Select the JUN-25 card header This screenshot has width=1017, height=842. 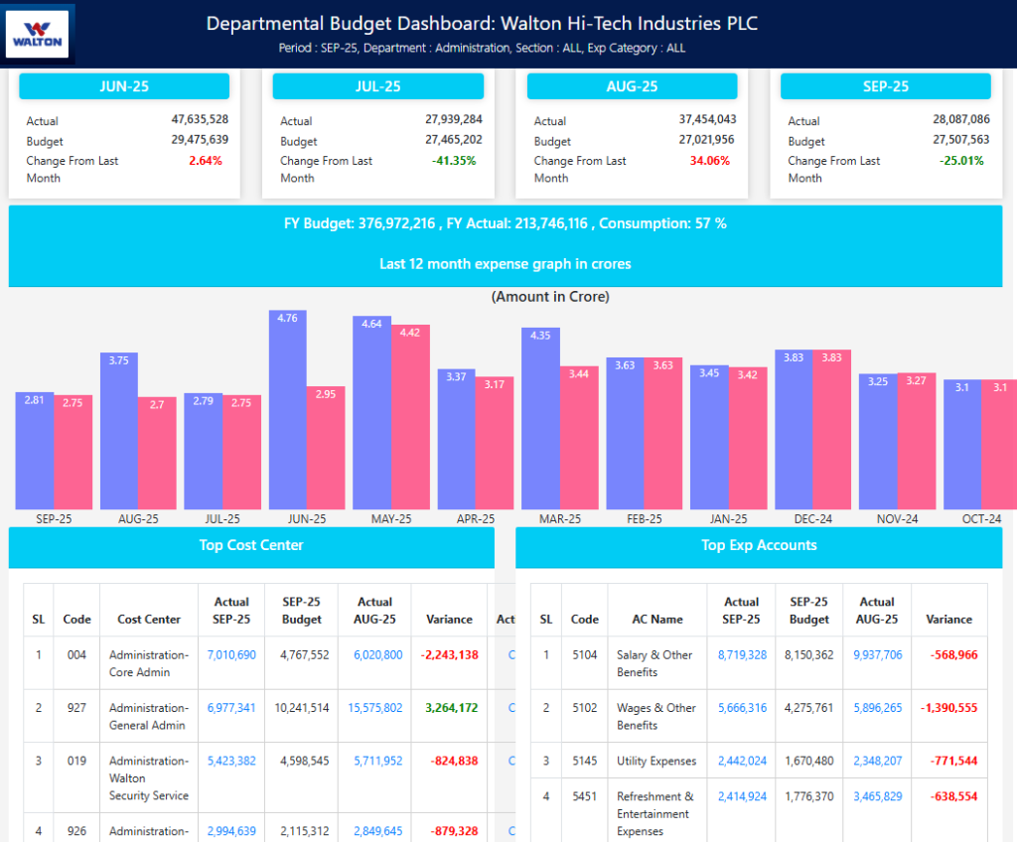(124, 86)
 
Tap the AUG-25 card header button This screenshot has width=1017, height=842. (632, 86)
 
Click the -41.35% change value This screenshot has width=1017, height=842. (454, 161)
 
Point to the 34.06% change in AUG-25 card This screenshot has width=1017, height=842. (708, 161)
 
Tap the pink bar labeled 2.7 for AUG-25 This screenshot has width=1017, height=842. (157, 453)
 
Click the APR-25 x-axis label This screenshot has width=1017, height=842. (476, 519)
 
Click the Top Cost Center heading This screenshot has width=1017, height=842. (251, 545)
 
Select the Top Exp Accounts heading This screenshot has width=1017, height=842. (759, 545)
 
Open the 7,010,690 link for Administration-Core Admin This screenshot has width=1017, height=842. (231, 655)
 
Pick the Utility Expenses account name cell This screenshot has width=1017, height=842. (655, 761)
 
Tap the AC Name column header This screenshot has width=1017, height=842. (657, 619)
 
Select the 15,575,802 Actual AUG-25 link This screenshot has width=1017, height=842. (374, 708)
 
